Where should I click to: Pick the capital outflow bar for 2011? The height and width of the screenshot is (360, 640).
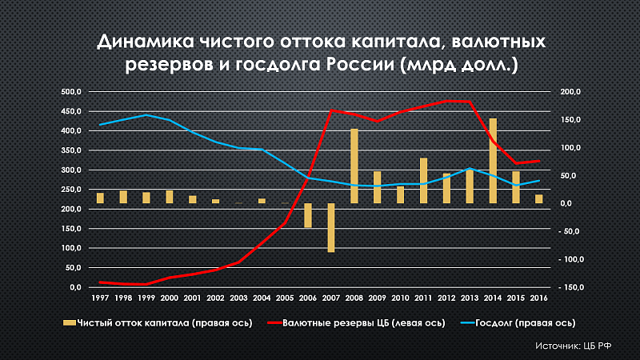pyautogui.click(x=424, y=180)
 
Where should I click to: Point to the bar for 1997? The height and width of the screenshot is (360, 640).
pyautogui.click(x=101, y=198)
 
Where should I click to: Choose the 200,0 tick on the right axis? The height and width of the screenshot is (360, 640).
pyautogui.click(x=570, y=92)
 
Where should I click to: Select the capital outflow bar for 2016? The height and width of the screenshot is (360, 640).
pyautogui.click(x=538, y=198)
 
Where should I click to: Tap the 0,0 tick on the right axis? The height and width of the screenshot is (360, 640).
pyautogui.click(x=570, y=203)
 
